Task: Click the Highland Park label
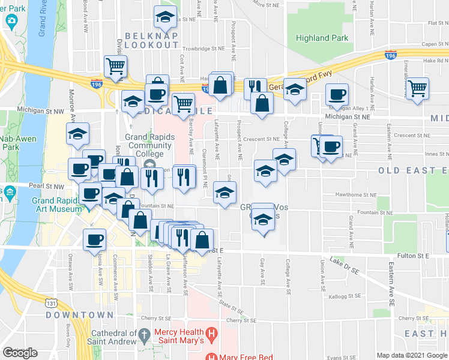point(322,38)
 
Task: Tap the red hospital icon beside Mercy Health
point(211,332)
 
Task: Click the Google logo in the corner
point(20,353)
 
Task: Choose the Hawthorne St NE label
point(357,195)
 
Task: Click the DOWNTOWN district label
point(80,315)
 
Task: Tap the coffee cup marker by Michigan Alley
point(337,95)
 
